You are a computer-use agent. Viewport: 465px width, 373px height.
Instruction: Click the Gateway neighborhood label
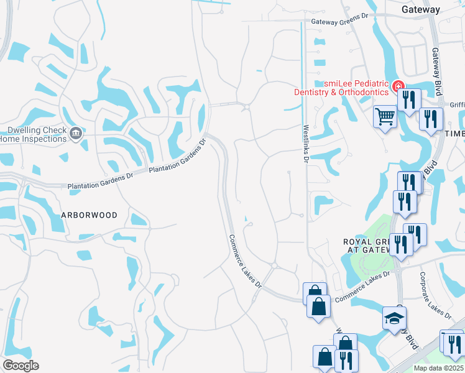click(420, 9)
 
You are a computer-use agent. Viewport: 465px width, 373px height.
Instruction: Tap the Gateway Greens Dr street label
click(335, 22)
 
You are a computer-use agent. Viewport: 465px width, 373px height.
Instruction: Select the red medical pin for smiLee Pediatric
click(397, 86)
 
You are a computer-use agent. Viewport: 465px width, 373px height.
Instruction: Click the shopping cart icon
click(385, 115)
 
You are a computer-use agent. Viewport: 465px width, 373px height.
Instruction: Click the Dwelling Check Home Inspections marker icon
click(76, 133)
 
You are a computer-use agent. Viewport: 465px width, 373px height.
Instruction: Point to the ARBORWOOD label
click(89, 214)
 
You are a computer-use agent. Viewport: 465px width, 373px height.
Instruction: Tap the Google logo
click(21, 366)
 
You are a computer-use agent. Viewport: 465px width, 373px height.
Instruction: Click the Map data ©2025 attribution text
click(438, 368)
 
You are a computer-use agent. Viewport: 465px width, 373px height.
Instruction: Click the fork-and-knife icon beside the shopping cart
click(408, 99)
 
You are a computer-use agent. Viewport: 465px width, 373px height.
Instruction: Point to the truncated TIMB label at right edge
click(454, 134)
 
